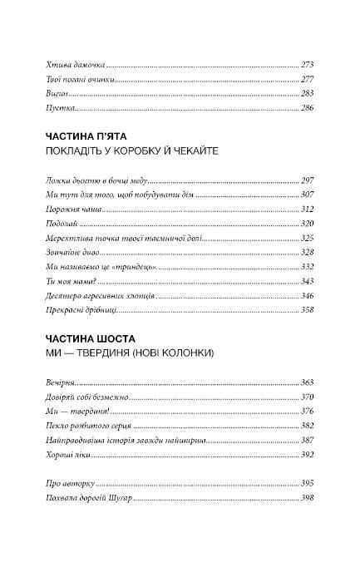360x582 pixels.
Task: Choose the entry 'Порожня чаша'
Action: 61,209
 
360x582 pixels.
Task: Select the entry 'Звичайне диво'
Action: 62,252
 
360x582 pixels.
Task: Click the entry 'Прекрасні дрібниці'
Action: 71,310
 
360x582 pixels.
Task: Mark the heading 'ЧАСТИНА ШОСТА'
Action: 86,338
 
